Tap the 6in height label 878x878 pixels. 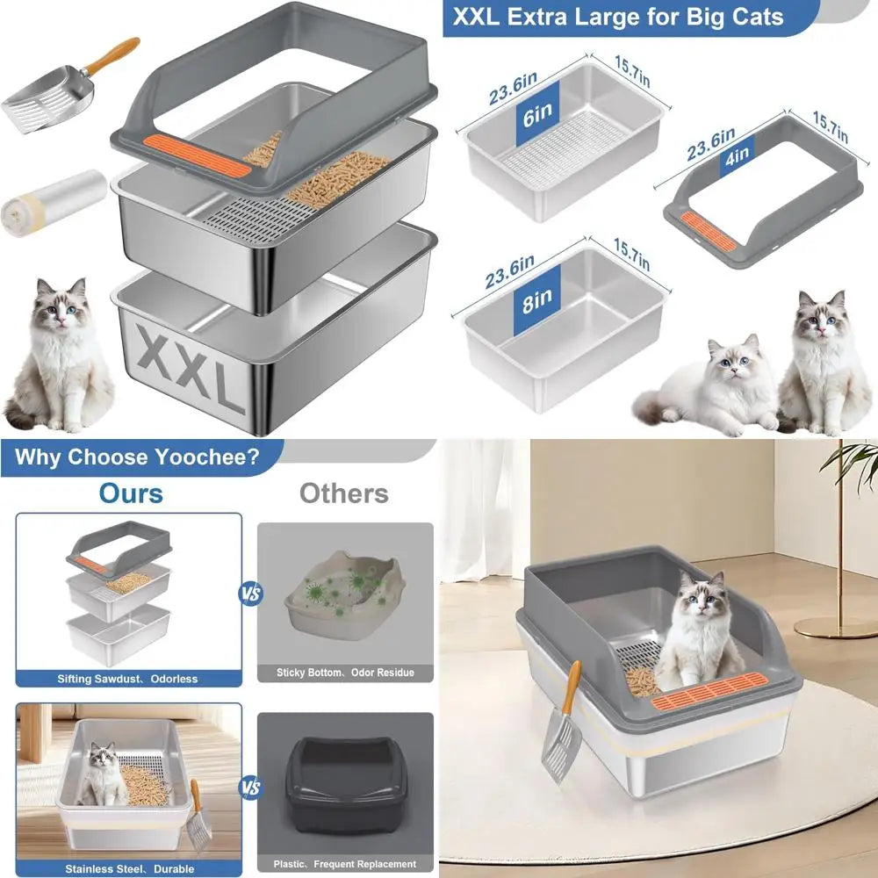point(537,114)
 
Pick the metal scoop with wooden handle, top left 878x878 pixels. point(61,88)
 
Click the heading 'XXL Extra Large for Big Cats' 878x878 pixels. point(618,17)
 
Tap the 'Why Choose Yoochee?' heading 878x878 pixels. point(136,457)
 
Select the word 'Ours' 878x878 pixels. point(131,493)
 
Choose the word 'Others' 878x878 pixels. point(343,493)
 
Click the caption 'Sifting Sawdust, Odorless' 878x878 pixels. point(128,679)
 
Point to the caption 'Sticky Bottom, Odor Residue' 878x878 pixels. point(345,673)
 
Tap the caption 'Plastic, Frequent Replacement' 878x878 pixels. point(345,864)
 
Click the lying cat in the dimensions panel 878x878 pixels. point(711,386)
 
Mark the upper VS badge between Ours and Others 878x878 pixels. point(249,594)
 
